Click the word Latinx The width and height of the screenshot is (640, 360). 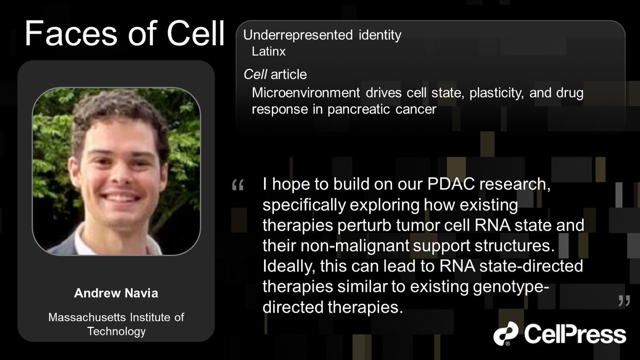(269, 52)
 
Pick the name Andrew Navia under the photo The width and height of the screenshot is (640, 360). (116, 294)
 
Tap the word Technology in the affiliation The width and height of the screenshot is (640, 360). (116, 331)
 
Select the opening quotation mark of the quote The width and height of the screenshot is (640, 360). (238, 186)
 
